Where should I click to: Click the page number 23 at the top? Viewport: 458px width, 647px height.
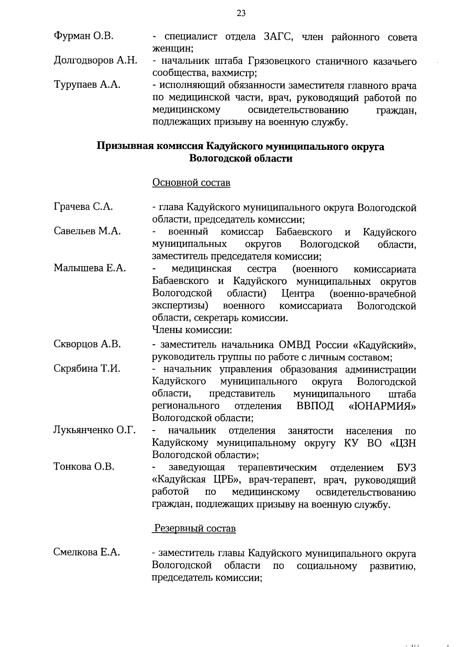241,14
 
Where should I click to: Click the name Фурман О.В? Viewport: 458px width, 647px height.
84,36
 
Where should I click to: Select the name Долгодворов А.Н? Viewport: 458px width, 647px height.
95,60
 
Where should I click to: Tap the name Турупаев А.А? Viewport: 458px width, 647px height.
87,85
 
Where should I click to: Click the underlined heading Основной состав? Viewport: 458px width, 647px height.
191,183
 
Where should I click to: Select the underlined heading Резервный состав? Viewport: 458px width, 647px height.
195,528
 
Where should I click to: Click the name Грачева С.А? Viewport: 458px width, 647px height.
83,207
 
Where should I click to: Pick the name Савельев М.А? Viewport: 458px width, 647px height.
87,231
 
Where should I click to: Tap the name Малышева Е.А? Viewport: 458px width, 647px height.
90,268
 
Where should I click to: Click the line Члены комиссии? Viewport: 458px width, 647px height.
192,329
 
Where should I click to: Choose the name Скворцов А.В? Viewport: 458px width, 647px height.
87,344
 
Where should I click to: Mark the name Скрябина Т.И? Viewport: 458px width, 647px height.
87,369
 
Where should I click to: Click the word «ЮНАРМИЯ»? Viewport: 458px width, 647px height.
382,406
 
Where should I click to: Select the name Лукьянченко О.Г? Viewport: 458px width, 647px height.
95,430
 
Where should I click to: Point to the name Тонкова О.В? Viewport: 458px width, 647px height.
84,467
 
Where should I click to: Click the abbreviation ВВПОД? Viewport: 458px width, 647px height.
315,406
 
